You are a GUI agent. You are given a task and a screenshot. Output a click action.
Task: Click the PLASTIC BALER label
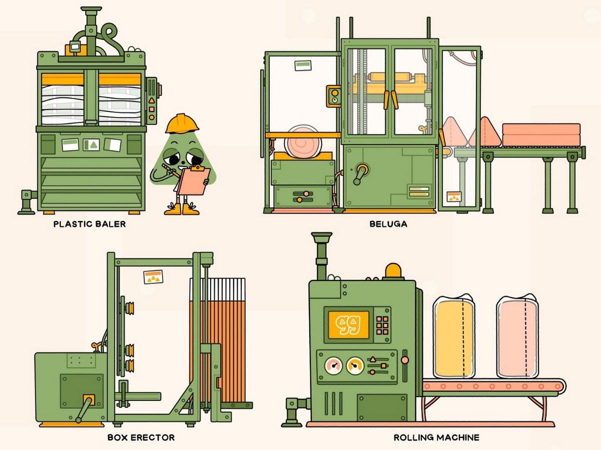tap(90, 224)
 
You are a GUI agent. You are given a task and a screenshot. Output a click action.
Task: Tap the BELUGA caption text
tap(388, 224)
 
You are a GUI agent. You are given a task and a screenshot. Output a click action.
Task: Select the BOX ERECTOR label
tap(141, 437)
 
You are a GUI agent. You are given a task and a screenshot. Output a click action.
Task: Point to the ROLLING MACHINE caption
tap(436, 437)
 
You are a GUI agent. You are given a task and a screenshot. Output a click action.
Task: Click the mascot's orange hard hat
tap(182, 123)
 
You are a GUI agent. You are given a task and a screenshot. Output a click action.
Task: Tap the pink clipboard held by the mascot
tap(194, 180)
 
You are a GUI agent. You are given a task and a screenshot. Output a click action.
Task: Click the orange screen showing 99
tap(349, 324)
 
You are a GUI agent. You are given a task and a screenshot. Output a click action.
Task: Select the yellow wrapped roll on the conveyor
tap(454, 336)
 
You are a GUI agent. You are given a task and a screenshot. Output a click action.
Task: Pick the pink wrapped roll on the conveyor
tap(517, 336)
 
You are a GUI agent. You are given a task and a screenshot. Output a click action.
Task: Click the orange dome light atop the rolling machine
tap(393, 270)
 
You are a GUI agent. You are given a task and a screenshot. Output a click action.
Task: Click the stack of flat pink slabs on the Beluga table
tap(541, 134)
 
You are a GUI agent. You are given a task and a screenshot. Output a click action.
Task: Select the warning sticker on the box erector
tap(153, 277)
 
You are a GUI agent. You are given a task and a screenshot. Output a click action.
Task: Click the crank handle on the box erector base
tap(86, 408)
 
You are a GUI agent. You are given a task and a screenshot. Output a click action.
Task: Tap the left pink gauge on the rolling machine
tap(333, 365)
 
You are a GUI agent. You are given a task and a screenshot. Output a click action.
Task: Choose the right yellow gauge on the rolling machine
tap(355, 365)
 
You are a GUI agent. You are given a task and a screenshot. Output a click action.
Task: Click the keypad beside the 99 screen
tap(382, 325)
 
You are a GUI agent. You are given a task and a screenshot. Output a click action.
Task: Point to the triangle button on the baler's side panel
tap(152, 100)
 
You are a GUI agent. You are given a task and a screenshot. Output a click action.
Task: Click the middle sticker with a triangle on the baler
tap(92, 144)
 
